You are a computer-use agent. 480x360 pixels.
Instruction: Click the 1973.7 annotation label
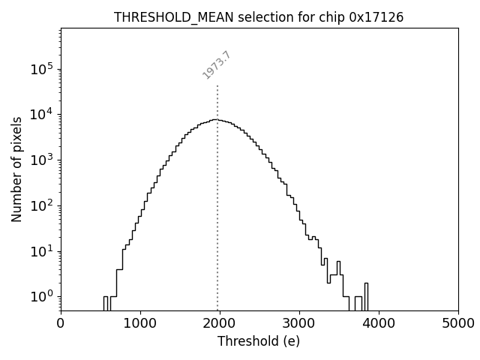tap(217, 65)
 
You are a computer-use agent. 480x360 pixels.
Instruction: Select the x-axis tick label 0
tap(61, 323)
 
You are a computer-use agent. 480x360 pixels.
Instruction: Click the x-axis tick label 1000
tap(140, 323)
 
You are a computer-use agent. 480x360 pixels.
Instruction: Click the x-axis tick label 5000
tap(457, 323)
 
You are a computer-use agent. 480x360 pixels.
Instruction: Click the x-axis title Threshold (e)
tap(259, 341)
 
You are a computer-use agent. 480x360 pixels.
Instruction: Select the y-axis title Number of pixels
tap(16, 169)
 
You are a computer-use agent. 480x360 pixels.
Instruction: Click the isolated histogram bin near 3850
tap(366, 296)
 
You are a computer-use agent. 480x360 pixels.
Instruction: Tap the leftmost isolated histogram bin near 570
tap(106, 303)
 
